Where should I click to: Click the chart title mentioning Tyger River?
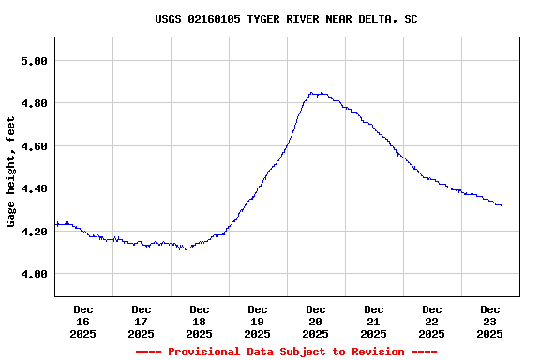[x=286, y=19]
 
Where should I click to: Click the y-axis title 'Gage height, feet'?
[x=11, y=172]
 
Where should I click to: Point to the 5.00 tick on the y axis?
[x=33, y=61]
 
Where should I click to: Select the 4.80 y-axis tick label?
[x=33, y=103]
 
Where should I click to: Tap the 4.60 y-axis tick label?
[x=33, y=146]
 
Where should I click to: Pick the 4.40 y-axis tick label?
[x=33, y=188]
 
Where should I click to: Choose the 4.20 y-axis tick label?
[x=33, y=232]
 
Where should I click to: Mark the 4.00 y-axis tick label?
[x=33, y=274]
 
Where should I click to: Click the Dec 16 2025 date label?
[x=82, y=322]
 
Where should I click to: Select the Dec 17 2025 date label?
[x=141, y=322]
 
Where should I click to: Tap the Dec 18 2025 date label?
[x=199, y=322]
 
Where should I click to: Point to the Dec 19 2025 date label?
[x=257, y=322]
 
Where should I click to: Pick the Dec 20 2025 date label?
[x=315, y=322]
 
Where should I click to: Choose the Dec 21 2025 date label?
[x=373, y=322]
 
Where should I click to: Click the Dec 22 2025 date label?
[x=431, y=322]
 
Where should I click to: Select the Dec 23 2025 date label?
[x=489, y=322]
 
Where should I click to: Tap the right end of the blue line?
[x=502, y=206]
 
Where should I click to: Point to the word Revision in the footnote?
[x=374, y=352]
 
